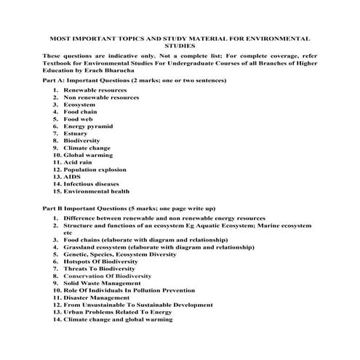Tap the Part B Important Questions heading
[128, 208]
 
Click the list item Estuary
[76, 134]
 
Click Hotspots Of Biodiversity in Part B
[107, 261]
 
